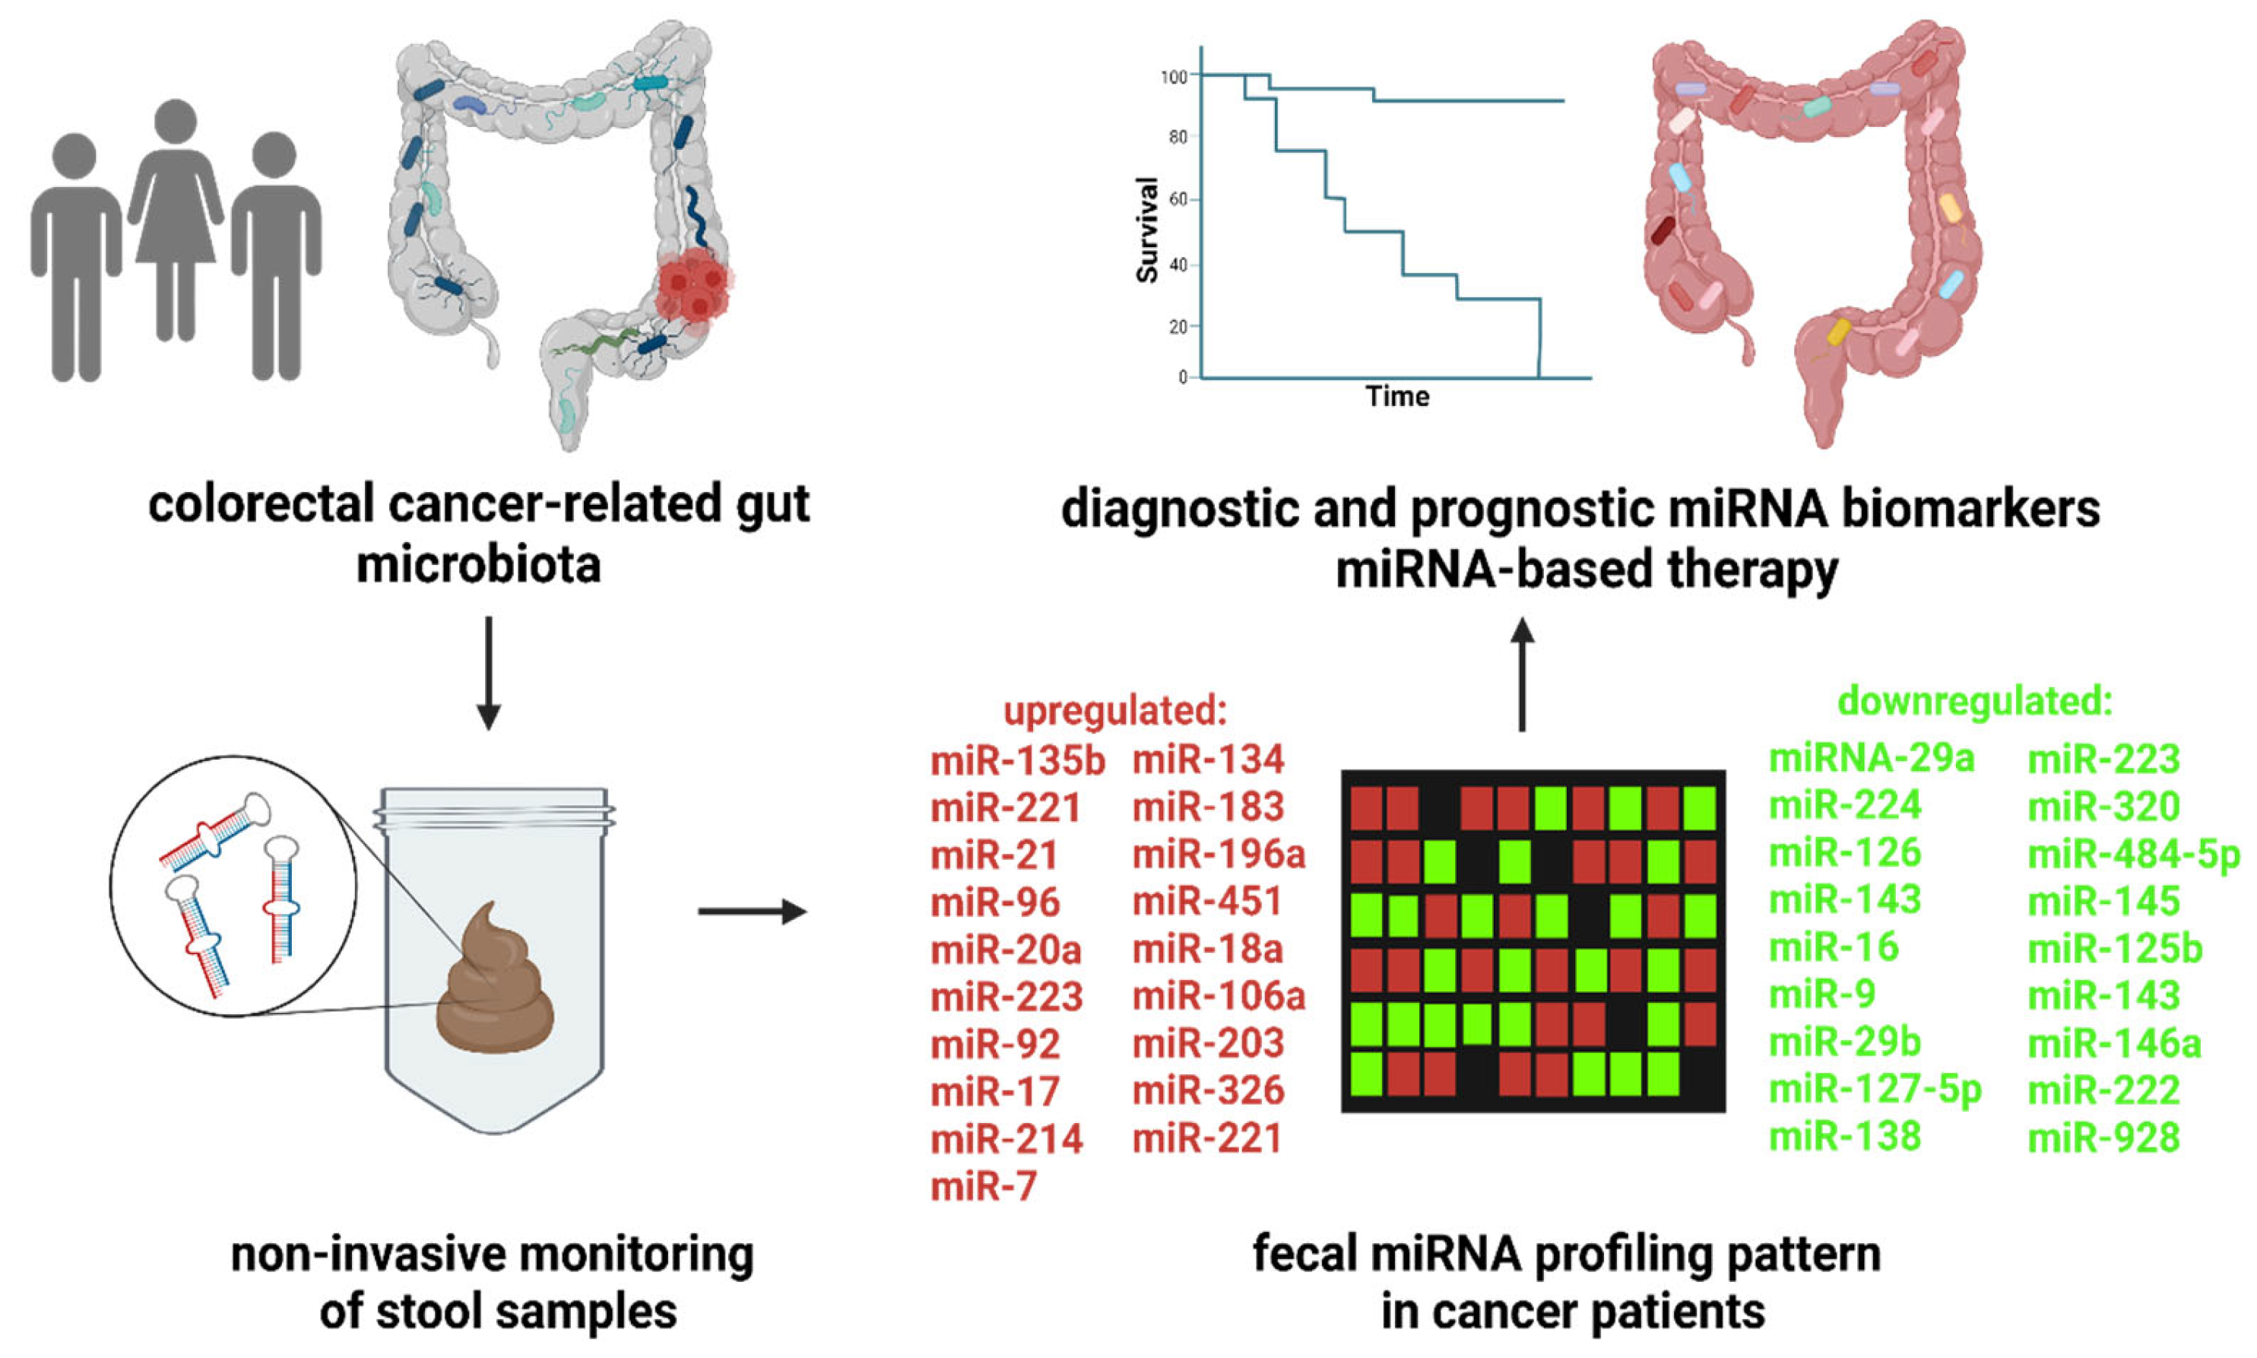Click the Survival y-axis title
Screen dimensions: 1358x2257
coord(1147,230)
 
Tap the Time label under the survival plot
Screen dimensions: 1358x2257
coord(1397,397)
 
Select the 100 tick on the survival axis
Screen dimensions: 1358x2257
coord(1174,77)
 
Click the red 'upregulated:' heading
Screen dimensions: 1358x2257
coord(1115,711)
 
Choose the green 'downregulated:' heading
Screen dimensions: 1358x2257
coord(1975,702)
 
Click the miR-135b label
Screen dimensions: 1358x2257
coord(1017,760)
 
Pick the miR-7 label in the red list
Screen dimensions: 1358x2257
coord(984,1187)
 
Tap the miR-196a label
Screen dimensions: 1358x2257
coord(1219,855)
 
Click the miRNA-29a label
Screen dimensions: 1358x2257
coord(1872,759)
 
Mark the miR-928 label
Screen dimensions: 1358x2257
coord(2104,1138)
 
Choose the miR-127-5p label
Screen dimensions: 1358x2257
coord(1875,1090)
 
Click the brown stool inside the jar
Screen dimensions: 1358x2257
coord(495,988)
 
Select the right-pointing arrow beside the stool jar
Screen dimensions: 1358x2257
coord(751,912)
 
